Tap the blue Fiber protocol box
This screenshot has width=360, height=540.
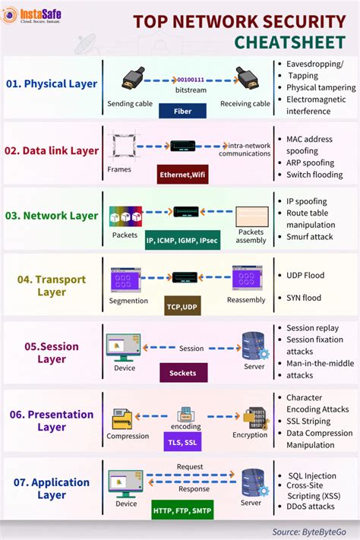point(182,111)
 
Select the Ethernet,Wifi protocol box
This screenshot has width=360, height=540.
point(182,175)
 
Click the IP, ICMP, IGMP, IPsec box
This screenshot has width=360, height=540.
point(182,240)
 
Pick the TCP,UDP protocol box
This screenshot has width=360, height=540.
point(182,308)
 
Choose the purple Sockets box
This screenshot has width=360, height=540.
point(182,372)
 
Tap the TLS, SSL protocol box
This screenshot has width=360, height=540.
point(182,441)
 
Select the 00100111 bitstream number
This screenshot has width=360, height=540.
point(190,78)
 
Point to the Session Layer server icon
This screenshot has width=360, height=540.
point(254,346)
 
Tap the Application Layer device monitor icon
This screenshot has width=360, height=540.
point(125,481)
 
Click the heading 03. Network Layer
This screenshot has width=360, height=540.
point(51,216)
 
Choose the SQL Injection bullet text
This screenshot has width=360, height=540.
point(311,475)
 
